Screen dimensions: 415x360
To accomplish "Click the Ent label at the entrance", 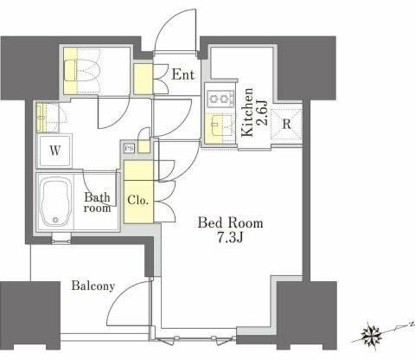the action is (x=183, y=75).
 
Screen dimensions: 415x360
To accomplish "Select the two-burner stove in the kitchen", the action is (x=220, y=99).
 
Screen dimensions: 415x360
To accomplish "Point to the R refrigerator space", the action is (x=287, y=124).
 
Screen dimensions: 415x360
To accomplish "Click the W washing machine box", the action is (x=54, y=151).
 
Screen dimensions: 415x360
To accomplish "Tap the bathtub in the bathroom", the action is (x=55, y=202).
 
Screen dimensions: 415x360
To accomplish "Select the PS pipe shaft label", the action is (x=129, y=149).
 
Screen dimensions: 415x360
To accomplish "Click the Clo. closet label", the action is (x=137, y=200).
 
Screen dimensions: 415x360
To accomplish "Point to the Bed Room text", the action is (x=231, y=223).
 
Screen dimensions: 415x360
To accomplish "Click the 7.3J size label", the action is (x=230, y=237).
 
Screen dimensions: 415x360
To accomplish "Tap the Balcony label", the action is (x=93, y=286).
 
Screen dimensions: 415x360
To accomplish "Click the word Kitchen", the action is (x=248, y=112).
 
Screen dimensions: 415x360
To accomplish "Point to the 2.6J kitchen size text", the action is (x=262, y=112).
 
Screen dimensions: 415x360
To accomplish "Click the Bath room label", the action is (x=97, y=202).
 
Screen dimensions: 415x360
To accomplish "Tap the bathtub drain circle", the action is (x=55, y=219).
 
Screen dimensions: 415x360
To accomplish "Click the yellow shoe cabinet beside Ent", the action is (x=143, y=79).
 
